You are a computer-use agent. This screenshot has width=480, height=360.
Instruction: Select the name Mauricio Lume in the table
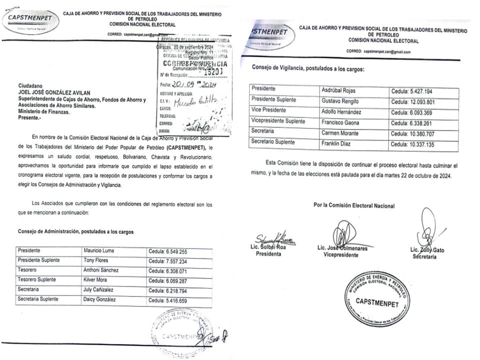[x=99, y=250]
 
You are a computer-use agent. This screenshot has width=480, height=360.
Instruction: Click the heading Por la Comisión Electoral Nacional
[x=353, y=205]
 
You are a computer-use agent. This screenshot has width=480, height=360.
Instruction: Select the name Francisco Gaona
[x=339, y=122]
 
